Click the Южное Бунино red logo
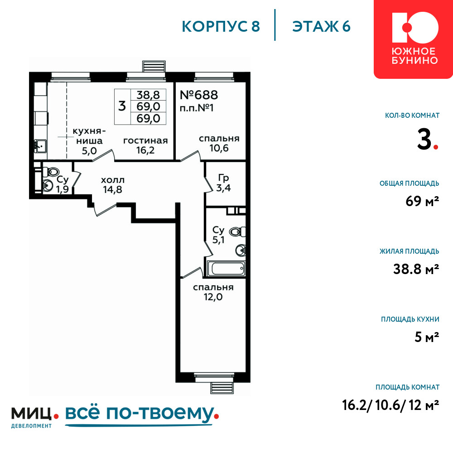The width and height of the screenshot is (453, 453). click(413, 39)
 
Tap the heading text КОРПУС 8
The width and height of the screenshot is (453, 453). click(221, 26)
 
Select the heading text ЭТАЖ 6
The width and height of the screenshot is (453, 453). click(321, 26)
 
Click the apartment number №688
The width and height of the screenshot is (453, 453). click(199, 95)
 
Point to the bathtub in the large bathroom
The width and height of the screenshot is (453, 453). click(226, 269)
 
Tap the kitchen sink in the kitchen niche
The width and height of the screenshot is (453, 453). click(40, 146)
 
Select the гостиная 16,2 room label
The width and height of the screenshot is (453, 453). click(145, 145)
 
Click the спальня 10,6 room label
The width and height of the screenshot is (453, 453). click(219, 143)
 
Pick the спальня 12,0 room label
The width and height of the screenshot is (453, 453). click(213, 292)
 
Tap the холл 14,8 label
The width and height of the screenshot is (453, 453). click(113, 185)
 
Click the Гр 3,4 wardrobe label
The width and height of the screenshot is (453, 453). click(223, 183)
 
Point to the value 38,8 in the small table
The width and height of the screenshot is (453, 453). click(148, 95)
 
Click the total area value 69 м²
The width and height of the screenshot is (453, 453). click(422, 201)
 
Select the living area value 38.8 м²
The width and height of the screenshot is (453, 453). click(416, 269)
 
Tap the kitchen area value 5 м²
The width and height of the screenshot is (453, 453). click(427, 337)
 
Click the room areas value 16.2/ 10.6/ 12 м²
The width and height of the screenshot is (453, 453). click(390, 405)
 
